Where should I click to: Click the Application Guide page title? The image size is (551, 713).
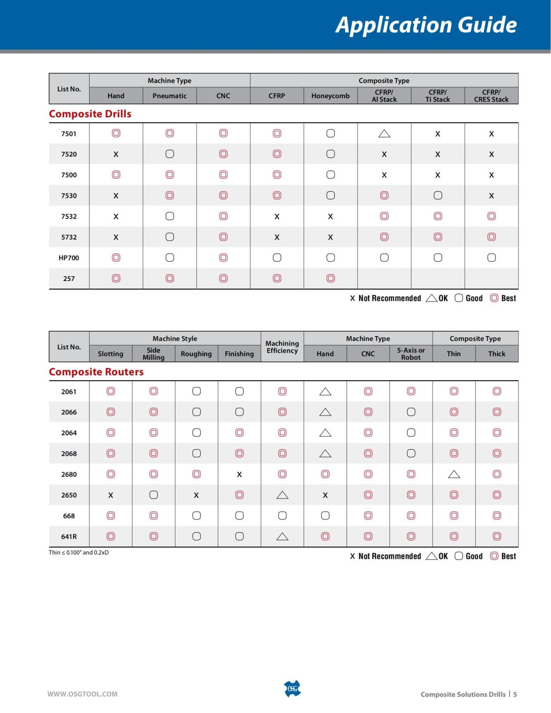426,24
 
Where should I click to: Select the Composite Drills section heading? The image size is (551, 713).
90,114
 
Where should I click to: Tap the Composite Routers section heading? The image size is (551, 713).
96,372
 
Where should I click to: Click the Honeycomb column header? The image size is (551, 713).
330,96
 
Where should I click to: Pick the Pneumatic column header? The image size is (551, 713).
169,96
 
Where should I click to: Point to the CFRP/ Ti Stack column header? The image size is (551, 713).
438,95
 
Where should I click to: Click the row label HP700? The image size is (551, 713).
69,258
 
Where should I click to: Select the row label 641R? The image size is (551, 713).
69,537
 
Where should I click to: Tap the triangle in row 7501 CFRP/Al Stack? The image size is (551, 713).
384,134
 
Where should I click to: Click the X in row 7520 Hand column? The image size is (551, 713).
116,154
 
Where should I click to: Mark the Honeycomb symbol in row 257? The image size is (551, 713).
331,278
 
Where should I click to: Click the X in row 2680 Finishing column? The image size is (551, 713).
239,475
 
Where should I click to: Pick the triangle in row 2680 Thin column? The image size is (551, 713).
454,474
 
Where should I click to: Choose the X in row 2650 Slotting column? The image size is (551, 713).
111,495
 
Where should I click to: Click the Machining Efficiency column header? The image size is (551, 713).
282,347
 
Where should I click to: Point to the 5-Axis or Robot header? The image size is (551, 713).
411,354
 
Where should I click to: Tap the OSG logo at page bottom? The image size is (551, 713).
292,689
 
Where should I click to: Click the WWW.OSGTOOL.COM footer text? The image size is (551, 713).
83,694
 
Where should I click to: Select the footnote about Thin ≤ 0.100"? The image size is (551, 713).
79,552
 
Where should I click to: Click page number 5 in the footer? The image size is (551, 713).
515,694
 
